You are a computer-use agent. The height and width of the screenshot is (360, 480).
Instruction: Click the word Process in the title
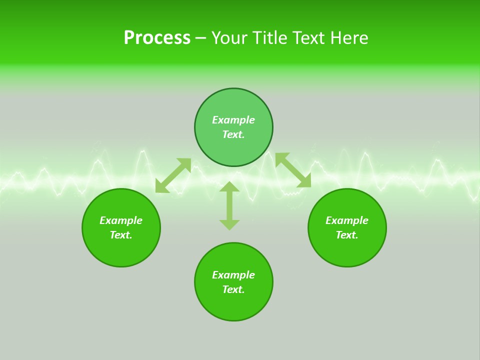tap(157, 38)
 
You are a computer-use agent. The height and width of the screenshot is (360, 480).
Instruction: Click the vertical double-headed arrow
tap(229, 205)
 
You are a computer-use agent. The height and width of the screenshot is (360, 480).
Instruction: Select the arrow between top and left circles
tap(173, 175)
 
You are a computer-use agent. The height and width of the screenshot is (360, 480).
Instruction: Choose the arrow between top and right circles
tap(293, 170)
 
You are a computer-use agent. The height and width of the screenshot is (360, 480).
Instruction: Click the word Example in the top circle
tap(233, 120)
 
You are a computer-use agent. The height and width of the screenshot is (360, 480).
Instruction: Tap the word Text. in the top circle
tap(233, 134)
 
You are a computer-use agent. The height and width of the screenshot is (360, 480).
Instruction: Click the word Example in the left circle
tap(121, 220)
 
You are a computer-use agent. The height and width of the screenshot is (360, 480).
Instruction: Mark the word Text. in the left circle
tap(121, 235)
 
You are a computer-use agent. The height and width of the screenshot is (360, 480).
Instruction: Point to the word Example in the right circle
tap(347, 220)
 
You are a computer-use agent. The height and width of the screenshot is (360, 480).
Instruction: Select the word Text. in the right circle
tap(347, 235)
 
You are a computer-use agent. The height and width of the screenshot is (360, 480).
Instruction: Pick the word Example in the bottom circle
tap(233, 275)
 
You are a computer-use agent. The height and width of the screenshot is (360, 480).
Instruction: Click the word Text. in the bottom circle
tap(233, 289)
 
